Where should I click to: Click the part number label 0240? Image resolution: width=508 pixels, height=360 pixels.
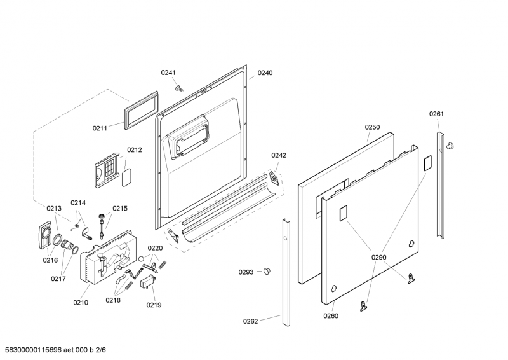pos(265,73)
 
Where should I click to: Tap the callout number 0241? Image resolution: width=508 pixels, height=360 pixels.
pos(168,73)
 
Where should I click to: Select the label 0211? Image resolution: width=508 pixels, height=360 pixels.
pos(100,128)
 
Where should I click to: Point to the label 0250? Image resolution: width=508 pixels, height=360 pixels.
pos(372,127)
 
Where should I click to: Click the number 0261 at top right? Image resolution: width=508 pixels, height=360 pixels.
pos(436,114)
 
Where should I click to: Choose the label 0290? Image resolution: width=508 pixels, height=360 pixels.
pos(378,258)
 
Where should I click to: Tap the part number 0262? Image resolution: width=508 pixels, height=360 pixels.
pos(251,321)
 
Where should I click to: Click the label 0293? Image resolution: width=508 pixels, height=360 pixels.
pos(246,272)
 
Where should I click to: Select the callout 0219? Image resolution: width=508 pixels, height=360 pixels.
pos(154,305)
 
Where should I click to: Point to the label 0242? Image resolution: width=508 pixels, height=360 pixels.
pos(279,155)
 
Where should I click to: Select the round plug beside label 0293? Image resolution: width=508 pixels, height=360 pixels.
pos(266,272)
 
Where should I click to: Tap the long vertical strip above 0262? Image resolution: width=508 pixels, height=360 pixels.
pos(286,270)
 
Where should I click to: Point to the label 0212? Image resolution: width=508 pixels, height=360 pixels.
pos(134,150)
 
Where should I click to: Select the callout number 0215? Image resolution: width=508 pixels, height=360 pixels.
pos(120,208)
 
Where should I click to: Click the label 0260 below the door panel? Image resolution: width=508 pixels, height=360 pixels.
pos(331,316)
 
